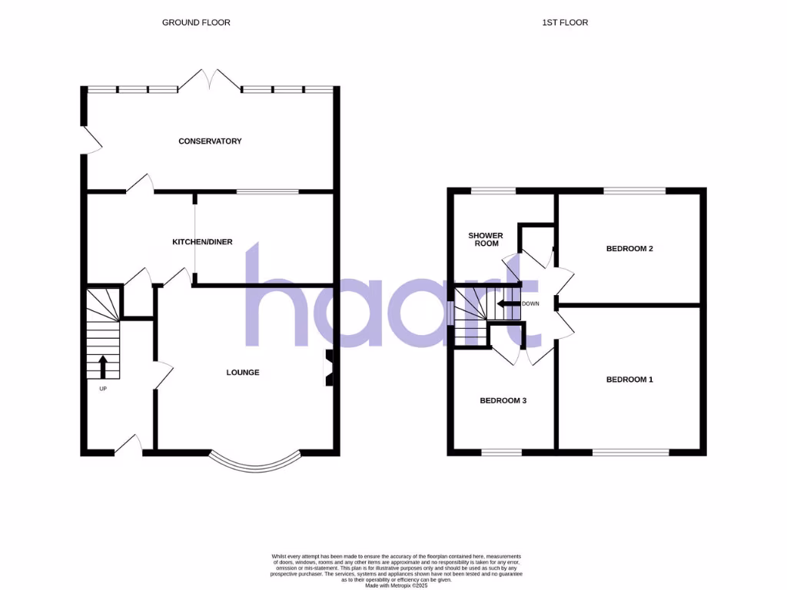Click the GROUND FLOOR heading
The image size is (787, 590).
coord(196,23)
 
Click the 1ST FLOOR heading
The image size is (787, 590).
coord(565,23)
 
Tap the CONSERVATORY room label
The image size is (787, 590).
coord(210,141)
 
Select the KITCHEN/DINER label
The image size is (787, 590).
coord(202,242)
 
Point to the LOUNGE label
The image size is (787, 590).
coord(243,373)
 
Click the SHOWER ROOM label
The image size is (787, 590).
coord(486,239)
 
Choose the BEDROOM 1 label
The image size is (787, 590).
coord(629,380)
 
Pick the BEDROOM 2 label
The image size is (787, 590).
coord(629,249)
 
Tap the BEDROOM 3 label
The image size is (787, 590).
coord(503,401)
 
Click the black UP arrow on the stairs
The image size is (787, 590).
coord(103,366)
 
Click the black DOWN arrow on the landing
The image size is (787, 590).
coord(507,303)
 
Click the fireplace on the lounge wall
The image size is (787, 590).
coord(329,367)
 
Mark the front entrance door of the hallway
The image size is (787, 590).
coord(130,446)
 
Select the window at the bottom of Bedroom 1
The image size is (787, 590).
coord(630,452)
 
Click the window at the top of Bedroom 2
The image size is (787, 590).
coord(634,191)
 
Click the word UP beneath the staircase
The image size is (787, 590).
coord(103,389)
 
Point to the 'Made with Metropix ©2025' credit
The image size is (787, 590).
coord(397,585)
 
